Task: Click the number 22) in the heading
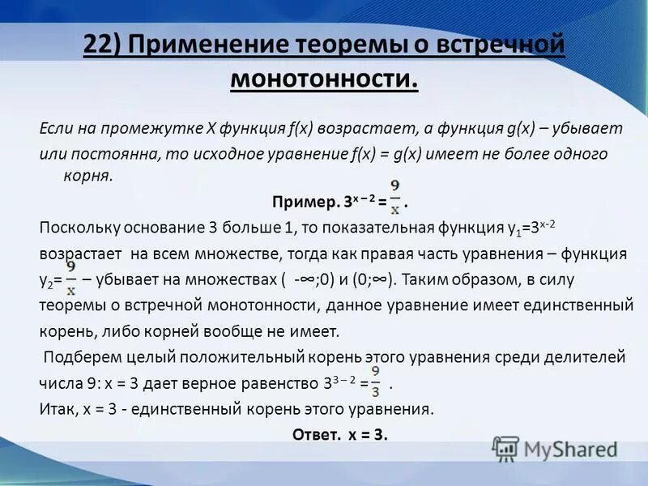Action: [107, 46]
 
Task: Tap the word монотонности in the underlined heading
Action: [324, 80]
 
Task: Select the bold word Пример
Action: [300, 201]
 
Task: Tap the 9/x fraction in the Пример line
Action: [394, 197]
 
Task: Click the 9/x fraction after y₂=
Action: [71, 277]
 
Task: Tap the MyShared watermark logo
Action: [556, 449]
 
